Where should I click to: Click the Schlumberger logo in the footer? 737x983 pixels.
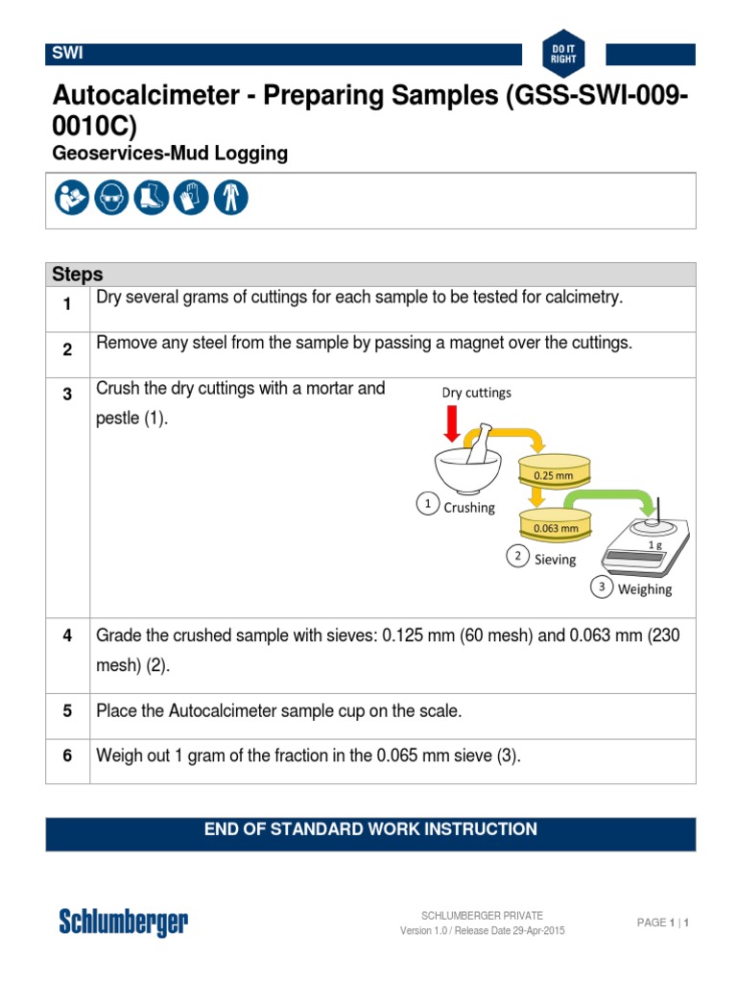[123, 923]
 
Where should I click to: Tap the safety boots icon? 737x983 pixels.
[152, 198]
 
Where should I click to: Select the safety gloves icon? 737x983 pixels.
[191, 198]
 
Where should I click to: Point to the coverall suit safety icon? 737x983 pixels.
[230, 198]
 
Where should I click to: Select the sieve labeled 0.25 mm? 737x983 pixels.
[556, 471]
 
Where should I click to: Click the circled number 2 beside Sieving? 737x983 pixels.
[517, 557]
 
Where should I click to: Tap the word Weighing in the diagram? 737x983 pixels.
[644, 589]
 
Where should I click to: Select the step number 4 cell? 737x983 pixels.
[68, 636]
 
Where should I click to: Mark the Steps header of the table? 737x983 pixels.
[78, 275]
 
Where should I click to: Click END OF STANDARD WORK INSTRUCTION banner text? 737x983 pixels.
[370, 829]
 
